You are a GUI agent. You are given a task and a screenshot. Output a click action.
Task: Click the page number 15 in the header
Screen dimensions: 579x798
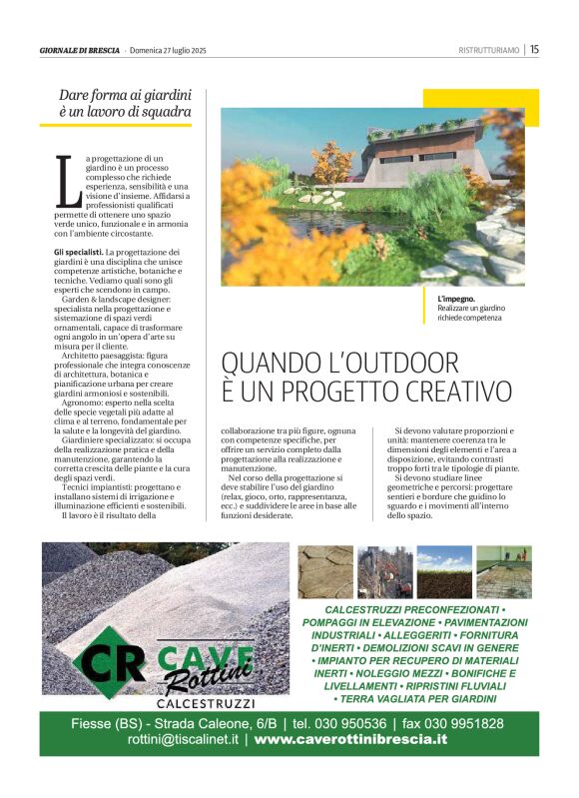(534, 49)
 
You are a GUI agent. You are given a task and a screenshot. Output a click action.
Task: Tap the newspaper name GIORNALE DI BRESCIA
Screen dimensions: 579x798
(80, 50)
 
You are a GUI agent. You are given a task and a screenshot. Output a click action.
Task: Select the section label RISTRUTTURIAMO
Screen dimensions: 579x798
(489, 50)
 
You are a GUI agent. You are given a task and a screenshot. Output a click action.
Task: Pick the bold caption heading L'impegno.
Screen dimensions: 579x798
(456, 299)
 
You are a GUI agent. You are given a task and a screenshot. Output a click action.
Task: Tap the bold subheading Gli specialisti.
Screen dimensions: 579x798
(78, 253)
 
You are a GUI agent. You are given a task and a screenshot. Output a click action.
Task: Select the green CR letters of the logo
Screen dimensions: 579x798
(112, 660)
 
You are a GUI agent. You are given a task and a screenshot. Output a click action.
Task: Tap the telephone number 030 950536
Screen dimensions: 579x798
(351, 723)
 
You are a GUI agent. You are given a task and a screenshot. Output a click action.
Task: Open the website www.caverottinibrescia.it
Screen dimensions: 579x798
(350, 740)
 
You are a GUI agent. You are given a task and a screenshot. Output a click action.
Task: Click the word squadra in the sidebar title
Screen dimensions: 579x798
(158, 113)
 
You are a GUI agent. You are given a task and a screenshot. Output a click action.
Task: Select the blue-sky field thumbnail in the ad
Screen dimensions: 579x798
(444, 570)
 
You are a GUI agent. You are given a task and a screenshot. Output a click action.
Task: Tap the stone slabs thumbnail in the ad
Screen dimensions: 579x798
(326, 570)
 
